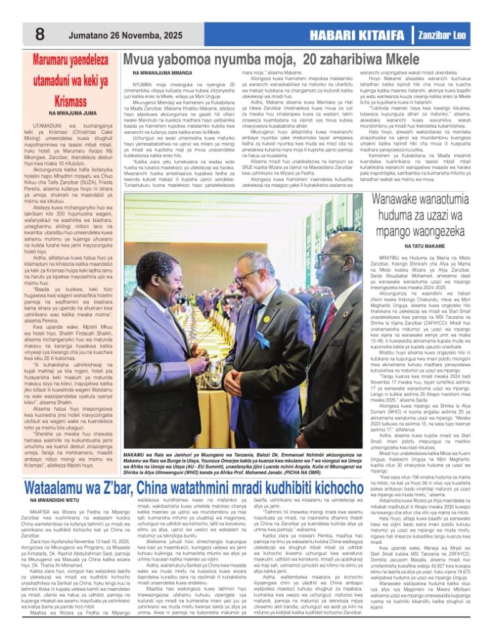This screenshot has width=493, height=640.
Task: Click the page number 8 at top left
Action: tap(39, 35)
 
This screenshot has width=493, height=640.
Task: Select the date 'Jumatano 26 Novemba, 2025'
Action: tap(126, 36)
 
